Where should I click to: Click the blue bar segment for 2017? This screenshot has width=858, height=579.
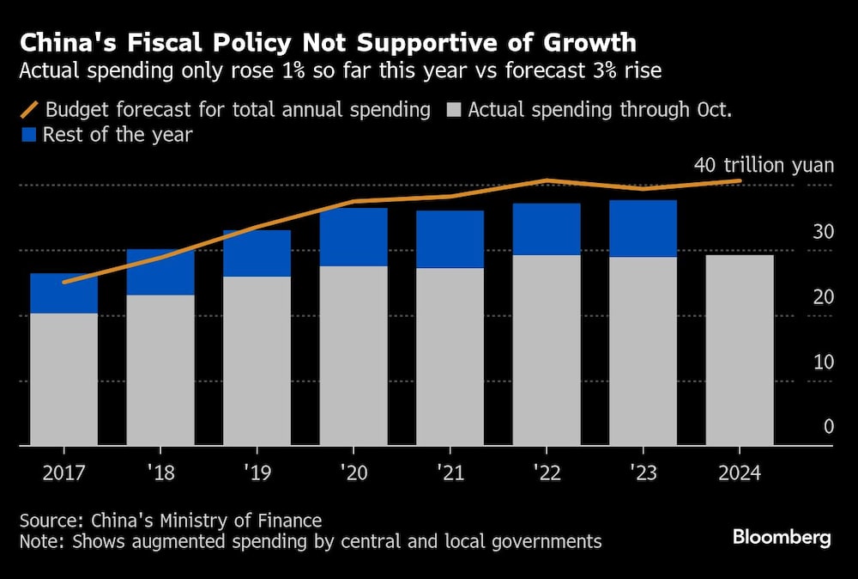[63, 294]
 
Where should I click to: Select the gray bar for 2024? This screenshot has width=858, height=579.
[740, 350]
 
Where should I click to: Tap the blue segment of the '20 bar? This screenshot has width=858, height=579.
[353, 237]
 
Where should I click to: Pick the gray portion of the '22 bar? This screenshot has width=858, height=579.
[547, 350]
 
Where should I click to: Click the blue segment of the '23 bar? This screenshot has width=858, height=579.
[643, 229]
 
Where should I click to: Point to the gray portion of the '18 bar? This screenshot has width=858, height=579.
[160, 369]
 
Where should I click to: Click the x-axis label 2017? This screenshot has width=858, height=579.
[63, 472]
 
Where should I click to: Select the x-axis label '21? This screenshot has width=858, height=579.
[450, 472]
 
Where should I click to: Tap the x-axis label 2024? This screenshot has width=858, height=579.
[740, 472]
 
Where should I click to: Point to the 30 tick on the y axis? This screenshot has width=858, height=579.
[824, 231]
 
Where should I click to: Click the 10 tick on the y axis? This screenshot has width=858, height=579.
[824, 362]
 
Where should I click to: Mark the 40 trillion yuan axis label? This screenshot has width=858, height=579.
[763, 165]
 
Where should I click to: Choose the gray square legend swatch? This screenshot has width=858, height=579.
[454, 110]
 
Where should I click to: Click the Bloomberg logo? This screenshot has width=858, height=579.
[782, 538]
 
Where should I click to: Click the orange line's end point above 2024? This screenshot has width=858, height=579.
[740, 180]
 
